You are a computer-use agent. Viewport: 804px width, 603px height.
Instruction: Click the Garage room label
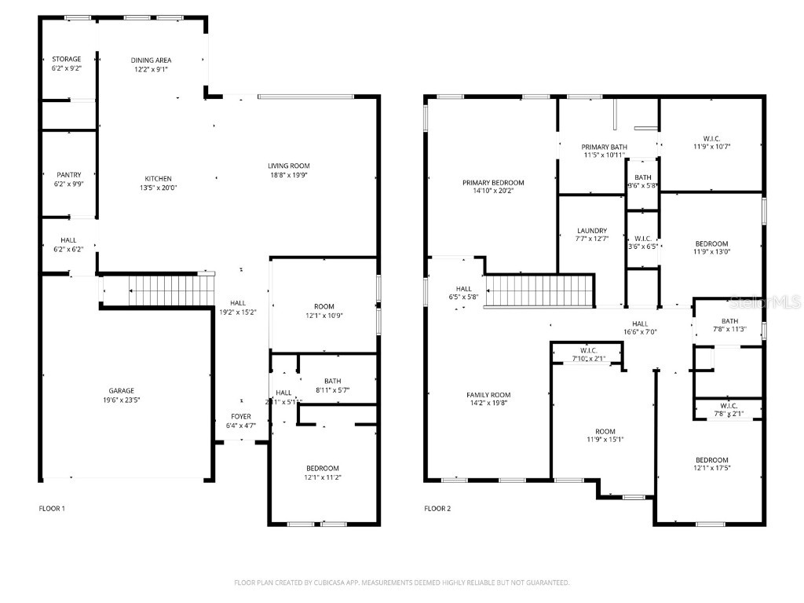[x=121, y=390]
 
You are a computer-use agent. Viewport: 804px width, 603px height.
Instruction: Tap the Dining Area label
[x=151, y=60]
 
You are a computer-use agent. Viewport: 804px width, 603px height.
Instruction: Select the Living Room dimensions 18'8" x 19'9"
[x=289, y=175]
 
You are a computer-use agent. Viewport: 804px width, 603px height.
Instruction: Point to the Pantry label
[x=68, y=175]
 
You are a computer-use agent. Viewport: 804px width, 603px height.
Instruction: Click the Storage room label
[x=66, y=59]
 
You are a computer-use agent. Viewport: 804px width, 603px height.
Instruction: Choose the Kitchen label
[x=158, y=178]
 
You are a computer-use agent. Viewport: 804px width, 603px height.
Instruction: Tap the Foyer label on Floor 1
[x=241, y=416]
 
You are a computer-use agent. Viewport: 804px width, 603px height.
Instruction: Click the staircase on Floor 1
[x=161, y=291]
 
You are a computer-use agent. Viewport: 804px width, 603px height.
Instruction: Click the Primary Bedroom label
[x=493, y=182]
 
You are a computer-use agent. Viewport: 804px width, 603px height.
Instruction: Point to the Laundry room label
[x=591, y=231]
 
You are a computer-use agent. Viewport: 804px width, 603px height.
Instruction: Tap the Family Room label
[x=488, y=395]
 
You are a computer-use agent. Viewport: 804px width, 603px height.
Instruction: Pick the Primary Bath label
[x=604, y=147]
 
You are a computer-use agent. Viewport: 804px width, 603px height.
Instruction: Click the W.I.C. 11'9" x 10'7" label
[x=711, y=138]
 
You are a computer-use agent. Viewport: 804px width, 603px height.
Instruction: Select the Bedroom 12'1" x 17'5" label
[x=711, y=460]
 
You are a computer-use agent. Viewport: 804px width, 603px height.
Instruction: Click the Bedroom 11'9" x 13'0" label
[x=711, y=243]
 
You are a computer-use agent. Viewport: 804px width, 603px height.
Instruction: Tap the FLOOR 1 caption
[x=52, y=508]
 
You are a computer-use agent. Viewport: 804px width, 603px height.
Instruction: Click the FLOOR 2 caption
[x=437, y=508]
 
